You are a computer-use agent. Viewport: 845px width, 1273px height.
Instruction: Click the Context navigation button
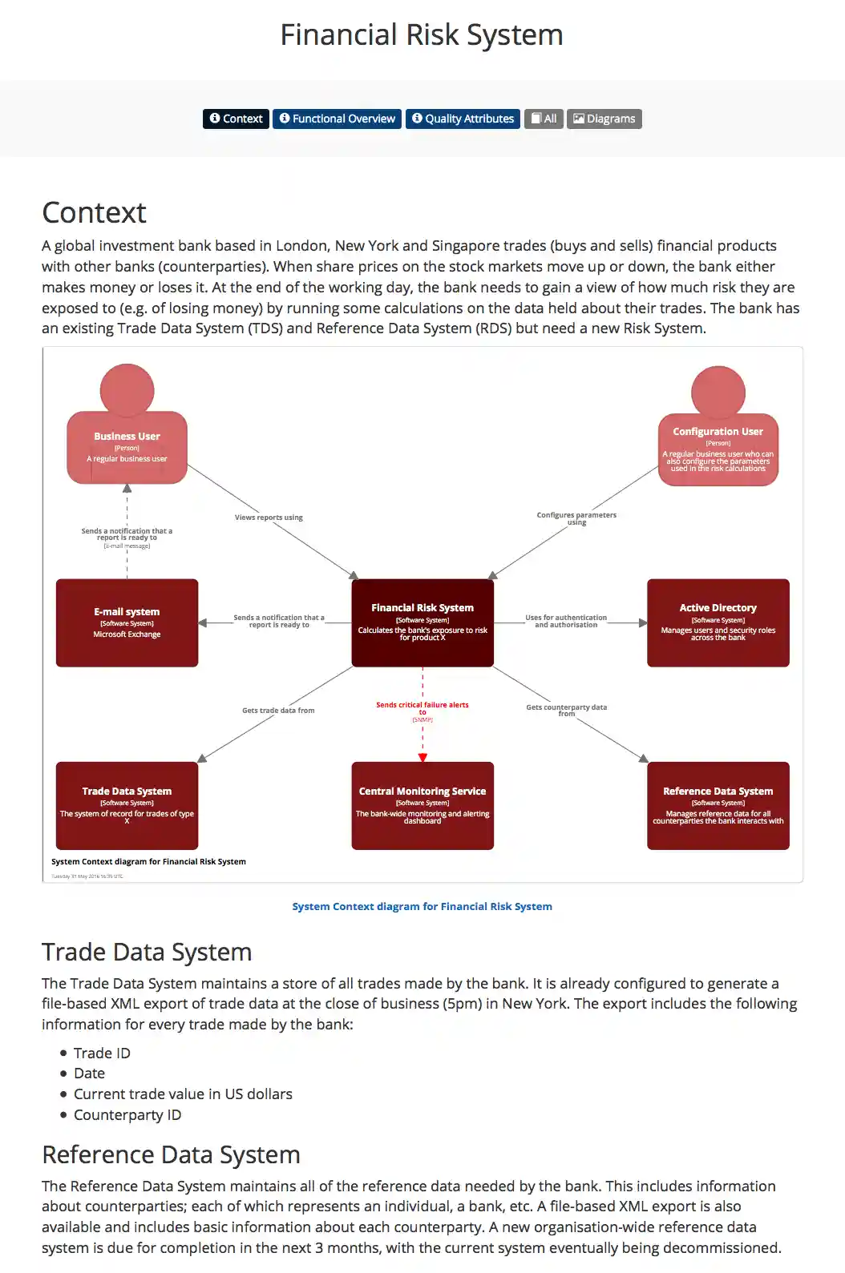[236, 119]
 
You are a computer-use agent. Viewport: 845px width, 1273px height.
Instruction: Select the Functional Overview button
[337, 119]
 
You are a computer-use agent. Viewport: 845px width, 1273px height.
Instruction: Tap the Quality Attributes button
[463, 119]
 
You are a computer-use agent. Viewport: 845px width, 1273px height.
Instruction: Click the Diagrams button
[604, 119]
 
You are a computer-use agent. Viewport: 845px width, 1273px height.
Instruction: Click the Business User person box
[127, 447]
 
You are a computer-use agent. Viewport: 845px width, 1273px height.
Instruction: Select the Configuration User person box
[718, 449]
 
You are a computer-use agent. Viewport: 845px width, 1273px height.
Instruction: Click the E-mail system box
[127, 622]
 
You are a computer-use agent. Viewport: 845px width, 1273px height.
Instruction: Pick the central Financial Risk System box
[422, 622]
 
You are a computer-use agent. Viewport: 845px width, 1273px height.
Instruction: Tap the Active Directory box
[718, 622]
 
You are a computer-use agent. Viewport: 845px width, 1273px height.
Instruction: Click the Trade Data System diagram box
[127, 805]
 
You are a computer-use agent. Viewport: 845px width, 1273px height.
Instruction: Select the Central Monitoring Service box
[422, 805]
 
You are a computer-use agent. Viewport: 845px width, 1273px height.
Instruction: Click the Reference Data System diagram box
[718, 805]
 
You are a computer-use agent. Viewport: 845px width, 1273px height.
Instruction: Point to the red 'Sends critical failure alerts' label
[422, 706]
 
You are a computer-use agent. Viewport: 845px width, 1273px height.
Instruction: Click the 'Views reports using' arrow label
[269, 518]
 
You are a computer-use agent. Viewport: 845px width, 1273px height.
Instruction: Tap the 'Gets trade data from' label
[278, 711]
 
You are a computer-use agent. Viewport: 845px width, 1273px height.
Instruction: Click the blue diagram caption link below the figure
[422, 906]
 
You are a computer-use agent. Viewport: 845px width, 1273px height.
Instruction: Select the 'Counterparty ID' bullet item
[127, 1115]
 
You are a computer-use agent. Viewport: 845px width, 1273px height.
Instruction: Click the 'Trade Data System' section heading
[147, 952]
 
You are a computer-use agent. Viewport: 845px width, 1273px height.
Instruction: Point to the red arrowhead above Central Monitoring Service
[422, 757]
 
